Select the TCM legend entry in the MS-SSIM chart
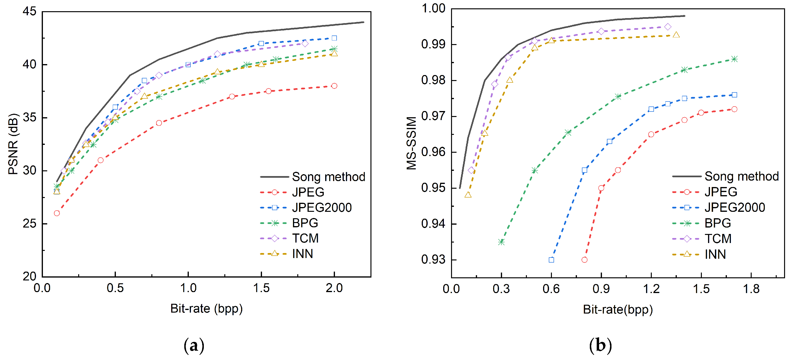[x=718, y=239]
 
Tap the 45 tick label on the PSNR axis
[x=30, y=12]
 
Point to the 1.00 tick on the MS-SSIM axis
[x=433, y=9]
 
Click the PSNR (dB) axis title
[x=13, y=144]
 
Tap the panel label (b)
[x=601, y=345]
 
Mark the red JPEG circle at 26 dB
[x=57, y=213]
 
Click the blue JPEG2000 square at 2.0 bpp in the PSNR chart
[x=334, y=38]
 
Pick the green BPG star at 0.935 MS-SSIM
[x=501, y=242]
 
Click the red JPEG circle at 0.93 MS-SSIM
[x=584, y=260]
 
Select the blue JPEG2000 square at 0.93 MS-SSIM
[x=551, y=260]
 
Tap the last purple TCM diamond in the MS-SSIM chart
[x=668, y=27]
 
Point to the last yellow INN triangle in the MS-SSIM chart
[x=676, y=35]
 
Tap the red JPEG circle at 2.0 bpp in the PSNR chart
[x=334, y=86]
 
